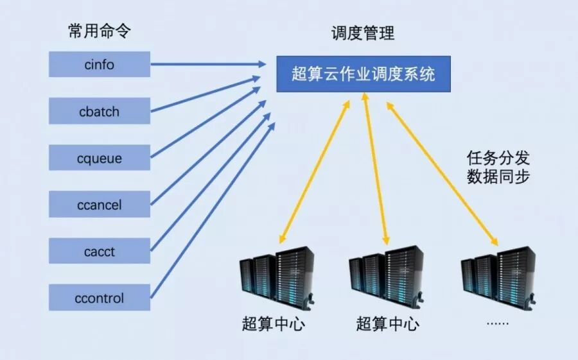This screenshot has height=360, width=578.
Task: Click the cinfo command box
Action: [x=100, y=64]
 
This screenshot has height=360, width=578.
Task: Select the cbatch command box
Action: [x=100, y=111]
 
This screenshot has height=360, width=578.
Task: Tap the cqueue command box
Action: [x=100, y=158]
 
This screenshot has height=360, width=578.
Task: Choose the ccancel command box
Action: [x=100, y=205]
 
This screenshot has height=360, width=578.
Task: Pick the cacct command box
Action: [x=100, y=252]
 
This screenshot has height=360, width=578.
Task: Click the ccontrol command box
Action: [x=100, y=298]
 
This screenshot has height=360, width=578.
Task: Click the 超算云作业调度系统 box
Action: [x=363, y=74]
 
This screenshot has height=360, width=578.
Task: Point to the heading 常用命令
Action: [x=100, y=31]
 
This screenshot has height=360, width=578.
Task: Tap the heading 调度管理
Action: [x=363, y=33]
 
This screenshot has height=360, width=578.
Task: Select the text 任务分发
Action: [x=498, y=158]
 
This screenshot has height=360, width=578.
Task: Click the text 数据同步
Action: [x=498, y=177]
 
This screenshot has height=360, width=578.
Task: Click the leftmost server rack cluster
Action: [x=277, y=277]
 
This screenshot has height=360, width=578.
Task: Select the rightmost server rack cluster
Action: [x=498, y=277]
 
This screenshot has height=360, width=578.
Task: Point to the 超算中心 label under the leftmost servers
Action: [x=274, y=323]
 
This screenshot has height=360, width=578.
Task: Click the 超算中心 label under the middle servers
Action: [x=387, y=323]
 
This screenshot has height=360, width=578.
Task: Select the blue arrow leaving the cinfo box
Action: [x=206, y=64]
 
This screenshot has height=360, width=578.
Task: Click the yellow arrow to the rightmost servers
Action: [x=443, y=174]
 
